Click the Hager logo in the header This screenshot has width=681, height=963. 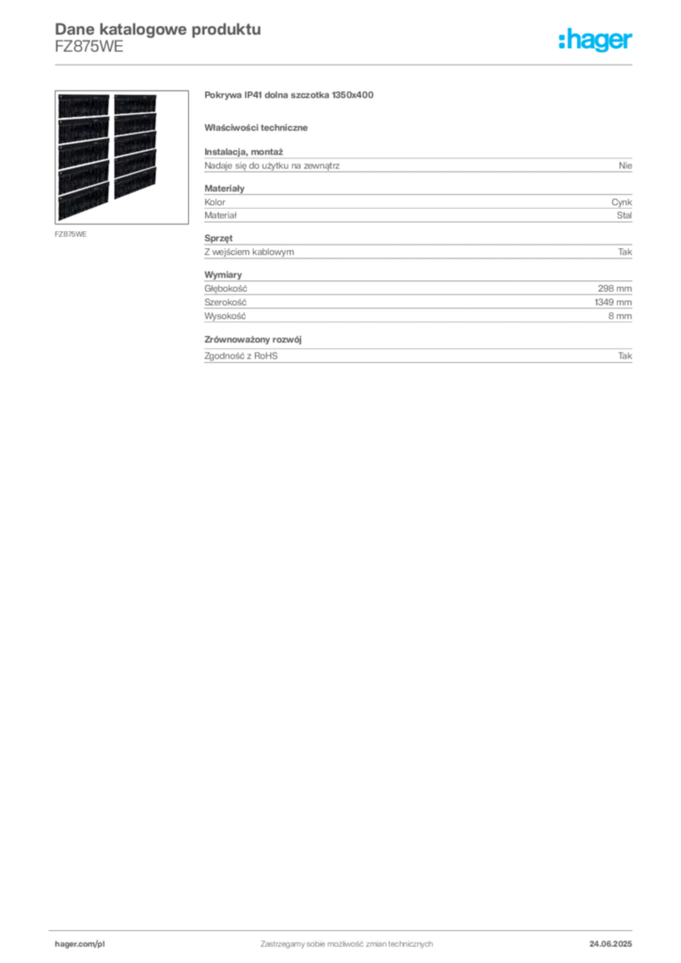[595, 40]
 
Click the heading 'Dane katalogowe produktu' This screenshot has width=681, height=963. [158, 29]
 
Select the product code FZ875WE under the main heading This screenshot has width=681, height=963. [89, 47]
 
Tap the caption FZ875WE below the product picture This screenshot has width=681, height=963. [71, 234]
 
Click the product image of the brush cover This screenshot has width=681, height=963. [121, 157]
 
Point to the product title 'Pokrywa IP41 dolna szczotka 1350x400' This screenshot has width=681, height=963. [289, 95]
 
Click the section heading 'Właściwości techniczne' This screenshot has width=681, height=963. [256, 128]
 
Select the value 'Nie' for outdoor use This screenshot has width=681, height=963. [626, 166]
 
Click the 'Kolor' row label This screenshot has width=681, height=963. [214, 202]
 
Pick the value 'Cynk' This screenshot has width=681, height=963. [622, 202]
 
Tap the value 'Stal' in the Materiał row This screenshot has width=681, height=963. [624, 215]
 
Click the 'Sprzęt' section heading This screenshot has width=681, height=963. [218, 238]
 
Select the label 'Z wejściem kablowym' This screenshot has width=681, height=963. [249, 252]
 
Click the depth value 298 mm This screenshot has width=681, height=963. [614, 288]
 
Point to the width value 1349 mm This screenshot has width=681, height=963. [613, 302]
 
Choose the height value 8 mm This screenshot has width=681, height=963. [620, 316]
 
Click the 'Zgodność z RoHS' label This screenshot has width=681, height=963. [241, 355]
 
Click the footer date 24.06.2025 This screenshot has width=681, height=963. [610, 944]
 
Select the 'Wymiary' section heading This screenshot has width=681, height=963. [223, 275]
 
